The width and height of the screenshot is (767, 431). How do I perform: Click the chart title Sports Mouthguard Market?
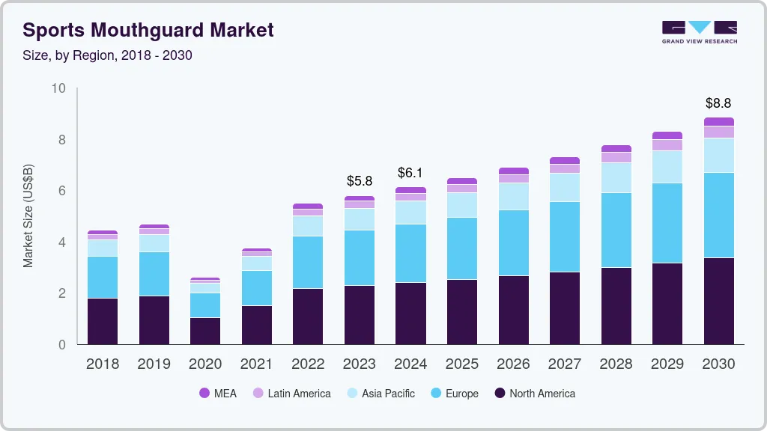pyautogui.click(x=148, y=30)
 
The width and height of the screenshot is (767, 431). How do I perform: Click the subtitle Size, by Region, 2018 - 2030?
pyautogui.click(x=108, y=55)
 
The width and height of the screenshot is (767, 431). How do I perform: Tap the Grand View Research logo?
pyautogui.click(x=699, y=31)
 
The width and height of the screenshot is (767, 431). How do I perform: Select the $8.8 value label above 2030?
pyautogui.click(x=718, y=103)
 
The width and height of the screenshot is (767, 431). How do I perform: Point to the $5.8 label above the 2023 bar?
pyautogui.click(x=360, y=181)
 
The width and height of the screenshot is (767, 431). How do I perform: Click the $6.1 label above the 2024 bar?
pyautogui.click(x=410, y=173)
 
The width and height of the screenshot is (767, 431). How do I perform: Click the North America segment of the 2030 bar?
pyautogui.click(x=718, y=301)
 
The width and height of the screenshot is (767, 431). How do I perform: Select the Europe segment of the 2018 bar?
pyautogui.click(x=103, y=277)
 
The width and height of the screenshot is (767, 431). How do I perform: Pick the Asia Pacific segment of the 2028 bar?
pyautogui.click(x=616, y=177)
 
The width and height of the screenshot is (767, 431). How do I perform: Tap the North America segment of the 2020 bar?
pyautogui.click(x=205, y=331)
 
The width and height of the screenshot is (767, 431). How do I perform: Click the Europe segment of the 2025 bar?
pyautogui.click(x=462, y=248)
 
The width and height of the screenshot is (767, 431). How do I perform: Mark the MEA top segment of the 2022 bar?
pyautogui.click(x=308, y=206)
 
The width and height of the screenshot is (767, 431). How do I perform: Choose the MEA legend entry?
pyautogui.click(x=217, y=393)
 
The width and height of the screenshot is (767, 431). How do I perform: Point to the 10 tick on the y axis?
pyautogui.click(x=58, y=88)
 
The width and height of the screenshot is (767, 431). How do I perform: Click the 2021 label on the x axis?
pyautogui.click(x=257, y=364)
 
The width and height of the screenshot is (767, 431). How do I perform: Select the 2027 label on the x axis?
pyautogui.click(x=565, y=364)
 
